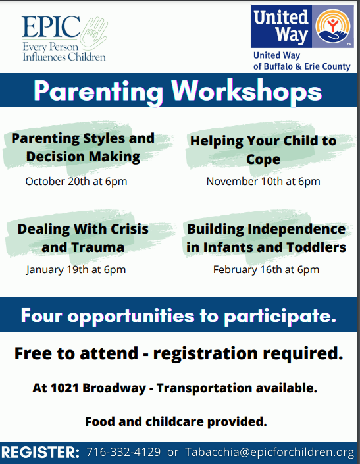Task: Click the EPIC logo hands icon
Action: (94, 33)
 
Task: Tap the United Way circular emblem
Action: (333, 26)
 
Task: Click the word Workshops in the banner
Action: (246, 91)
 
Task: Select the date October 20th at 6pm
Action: (76, 182)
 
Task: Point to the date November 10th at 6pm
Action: (263, 182)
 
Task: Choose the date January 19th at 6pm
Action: (76, 270)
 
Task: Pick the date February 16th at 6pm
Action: (267, 270)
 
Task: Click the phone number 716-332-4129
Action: (124, 452)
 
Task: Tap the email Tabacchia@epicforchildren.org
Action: (269, 452)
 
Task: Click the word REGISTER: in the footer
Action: (40, 452)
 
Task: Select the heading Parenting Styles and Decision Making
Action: (83, 147)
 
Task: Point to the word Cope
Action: (263, 159)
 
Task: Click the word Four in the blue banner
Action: (41, 315)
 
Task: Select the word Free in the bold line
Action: (33, 353)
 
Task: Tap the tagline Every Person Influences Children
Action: (64, 51)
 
